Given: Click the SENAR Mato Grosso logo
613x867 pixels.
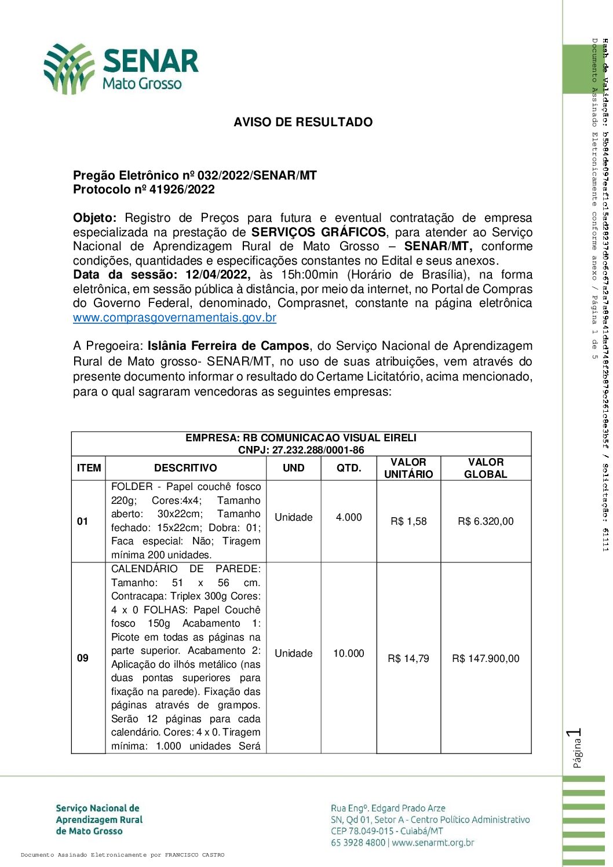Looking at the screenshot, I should point(121,68).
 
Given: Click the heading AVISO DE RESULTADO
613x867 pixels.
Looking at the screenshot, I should point(303,122).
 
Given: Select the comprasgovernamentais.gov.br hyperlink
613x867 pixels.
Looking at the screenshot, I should point(174,317).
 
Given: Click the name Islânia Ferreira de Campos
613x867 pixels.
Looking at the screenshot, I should point(228,346).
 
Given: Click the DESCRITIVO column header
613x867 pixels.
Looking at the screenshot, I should point(185,468).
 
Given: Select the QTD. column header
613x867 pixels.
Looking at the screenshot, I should point(349,468).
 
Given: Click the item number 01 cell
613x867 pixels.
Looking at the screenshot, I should point(83,521).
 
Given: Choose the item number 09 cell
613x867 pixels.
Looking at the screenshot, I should point(83,658).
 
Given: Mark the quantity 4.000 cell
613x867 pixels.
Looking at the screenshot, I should point(349,517).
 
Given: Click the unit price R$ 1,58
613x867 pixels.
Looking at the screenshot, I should point(408,521).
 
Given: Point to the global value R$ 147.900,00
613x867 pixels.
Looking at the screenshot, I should point(486,659).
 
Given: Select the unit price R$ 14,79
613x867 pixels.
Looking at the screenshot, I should point(408,659).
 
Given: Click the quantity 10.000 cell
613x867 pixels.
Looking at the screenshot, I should point(349,653).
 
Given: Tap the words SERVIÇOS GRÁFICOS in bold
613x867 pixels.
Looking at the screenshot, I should point(319,232).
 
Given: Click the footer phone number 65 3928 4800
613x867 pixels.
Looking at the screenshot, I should point(358,843).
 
